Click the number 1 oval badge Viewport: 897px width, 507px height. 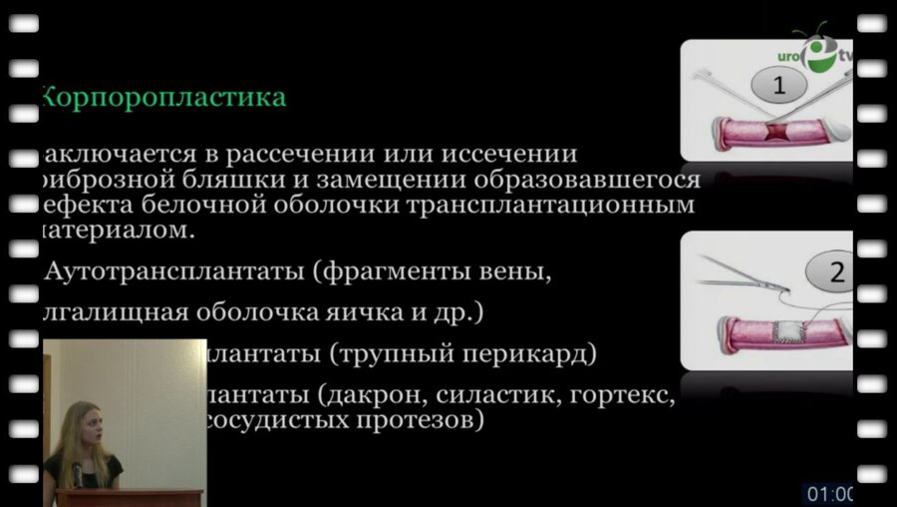[x=779, y=86]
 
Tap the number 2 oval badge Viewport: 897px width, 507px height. [x=833, y=271]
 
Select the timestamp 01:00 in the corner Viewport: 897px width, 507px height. [x=828, y=493]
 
